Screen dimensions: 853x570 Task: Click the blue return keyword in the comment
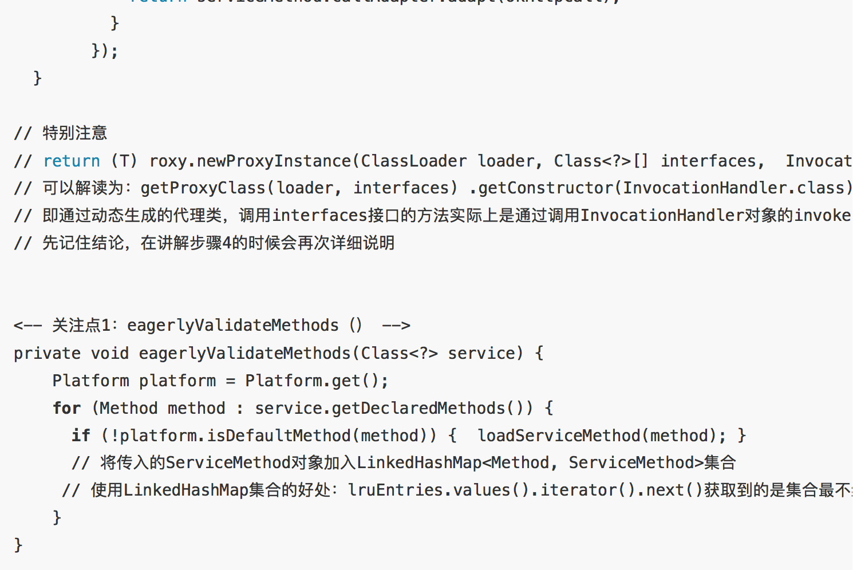[72, 161]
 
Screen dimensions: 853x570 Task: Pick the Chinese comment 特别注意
[75, 133]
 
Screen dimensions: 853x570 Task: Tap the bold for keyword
[66, 408]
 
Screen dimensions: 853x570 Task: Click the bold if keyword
[81, 436]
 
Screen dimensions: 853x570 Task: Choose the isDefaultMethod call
[279, 436]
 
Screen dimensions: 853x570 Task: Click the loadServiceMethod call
[559, 436]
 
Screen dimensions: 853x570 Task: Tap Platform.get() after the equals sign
[317, 381]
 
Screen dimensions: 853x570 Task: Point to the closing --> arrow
[396, 326]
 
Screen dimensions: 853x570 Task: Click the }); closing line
[105, 51]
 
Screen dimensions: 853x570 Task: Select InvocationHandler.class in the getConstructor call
[732, 188]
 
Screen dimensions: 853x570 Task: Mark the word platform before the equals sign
[177, 381]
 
